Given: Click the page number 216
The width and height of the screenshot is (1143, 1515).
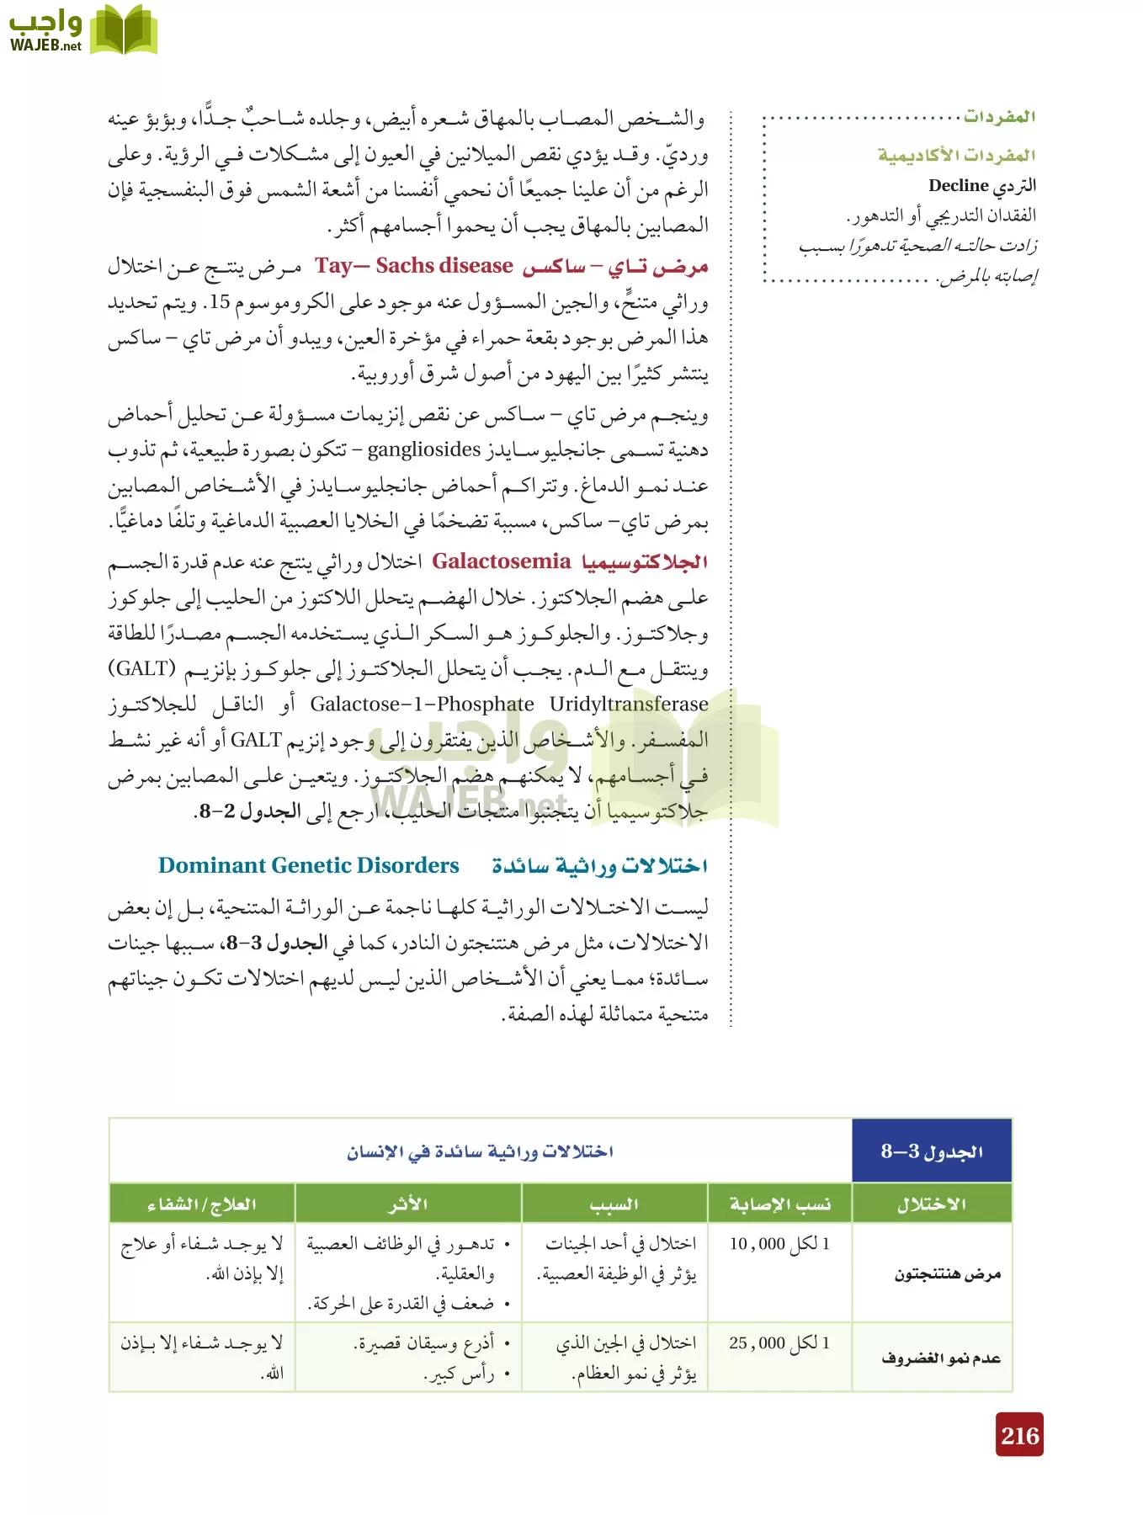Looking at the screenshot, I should pos(1020,1435).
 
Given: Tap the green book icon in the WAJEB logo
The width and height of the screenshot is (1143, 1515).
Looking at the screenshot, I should pos(123,30).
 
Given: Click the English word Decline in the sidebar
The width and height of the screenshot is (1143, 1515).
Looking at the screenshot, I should pos(958,185).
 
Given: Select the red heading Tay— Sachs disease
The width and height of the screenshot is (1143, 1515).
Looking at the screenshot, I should pos(414,266).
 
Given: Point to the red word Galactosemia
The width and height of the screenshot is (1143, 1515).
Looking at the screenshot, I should pos(502,561).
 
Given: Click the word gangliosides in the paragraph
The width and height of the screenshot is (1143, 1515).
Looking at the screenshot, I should pos(424,449).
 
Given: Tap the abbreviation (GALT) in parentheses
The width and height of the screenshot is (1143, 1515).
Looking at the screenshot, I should pos(141,668).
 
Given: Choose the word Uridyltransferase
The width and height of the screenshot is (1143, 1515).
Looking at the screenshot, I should pos(629,704).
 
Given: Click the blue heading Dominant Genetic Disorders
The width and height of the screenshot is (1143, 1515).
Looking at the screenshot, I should pos(308,865).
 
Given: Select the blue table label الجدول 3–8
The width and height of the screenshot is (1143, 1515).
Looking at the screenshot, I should pos(932,1151).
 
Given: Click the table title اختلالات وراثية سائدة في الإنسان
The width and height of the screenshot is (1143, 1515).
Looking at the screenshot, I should pos(480,1151).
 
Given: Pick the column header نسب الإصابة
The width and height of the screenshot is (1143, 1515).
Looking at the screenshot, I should pos(779,1204).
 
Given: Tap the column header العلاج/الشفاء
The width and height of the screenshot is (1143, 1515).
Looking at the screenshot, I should pos(201,1204).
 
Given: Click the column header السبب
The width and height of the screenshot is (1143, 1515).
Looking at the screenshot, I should pos(614,1204).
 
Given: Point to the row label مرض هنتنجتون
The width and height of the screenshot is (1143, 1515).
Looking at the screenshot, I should pos(947,1273).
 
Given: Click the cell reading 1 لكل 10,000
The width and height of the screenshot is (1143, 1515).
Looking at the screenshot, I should pos(779,1244).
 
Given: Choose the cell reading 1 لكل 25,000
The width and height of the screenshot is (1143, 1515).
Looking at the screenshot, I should pos(779,1343).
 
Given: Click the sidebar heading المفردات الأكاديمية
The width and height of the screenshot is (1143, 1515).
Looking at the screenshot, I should pos(956,155).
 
